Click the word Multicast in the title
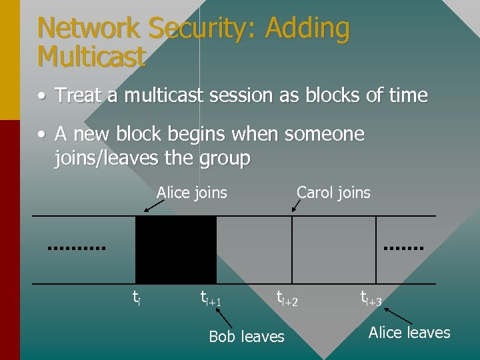[91, 57]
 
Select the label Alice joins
[192, 193]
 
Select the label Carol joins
[333, 193]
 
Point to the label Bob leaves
[247, 337]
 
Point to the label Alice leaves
[409, 333]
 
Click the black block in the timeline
[176, 249]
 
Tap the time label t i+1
[211, 298]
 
